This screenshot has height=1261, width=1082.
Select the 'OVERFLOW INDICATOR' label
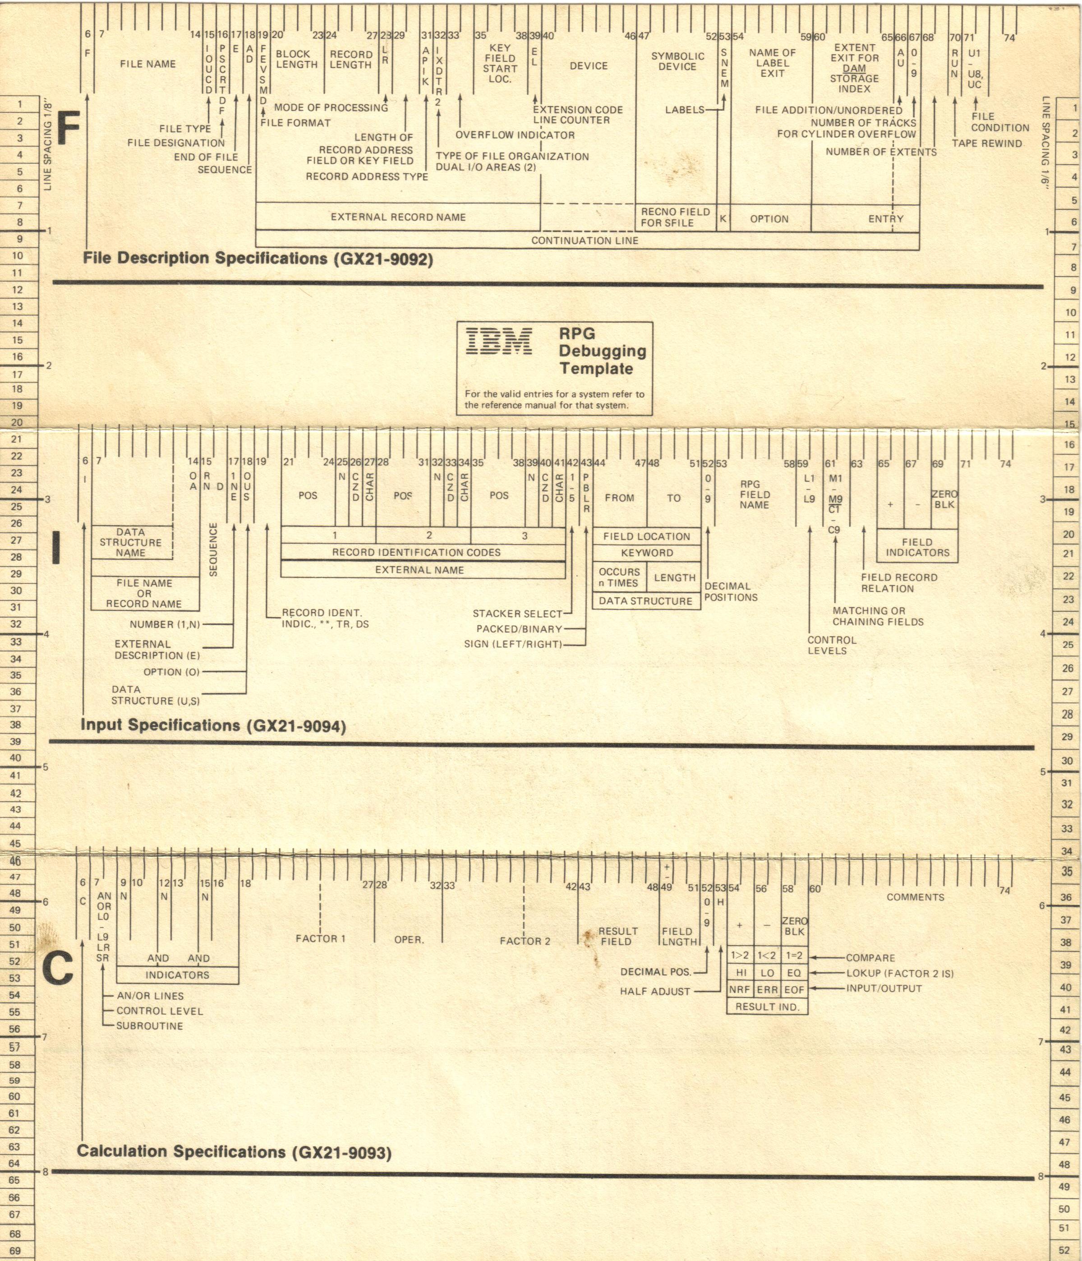[515, 135]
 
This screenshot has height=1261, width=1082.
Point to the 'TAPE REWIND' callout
[987, 143]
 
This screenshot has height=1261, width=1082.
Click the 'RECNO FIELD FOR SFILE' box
[676, 217]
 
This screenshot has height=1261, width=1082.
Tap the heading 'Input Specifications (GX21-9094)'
[213, 725]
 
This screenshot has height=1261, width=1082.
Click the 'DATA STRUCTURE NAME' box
[131, 542]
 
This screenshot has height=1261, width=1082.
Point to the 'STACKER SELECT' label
[518, 614]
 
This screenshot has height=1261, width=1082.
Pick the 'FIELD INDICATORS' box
[917, 547]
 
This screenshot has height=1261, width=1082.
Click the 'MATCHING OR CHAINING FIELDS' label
[878, 616]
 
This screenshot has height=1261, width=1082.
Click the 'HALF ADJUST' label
[655, 991]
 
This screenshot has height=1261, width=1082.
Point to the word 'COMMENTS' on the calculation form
[915, 897]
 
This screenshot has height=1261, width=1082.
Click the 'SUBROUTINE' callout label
[150, 1025]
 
